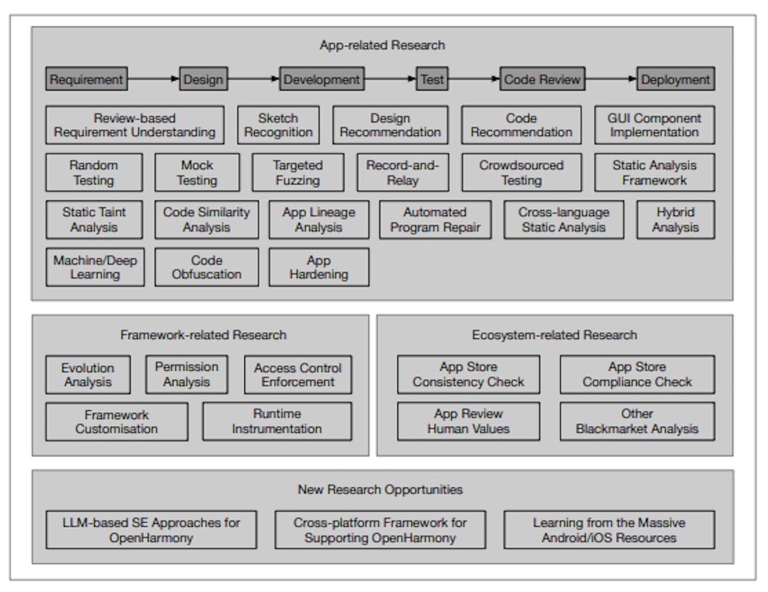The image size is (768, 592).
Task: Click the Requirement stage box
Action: click(86, 79)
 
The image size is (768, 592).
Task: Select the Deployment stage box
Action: click(675, 79)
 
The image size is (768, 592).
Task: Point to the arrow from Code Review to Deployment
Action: click(611, 79)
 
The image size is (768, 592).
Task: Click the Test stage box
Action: click(432, 79)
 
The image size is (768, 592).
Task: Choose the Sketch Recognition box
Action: click(278, 125)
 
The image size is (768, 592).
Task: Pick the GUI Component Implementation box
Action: click(654, 125)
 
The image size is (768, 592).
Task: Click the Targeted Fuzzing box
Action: click(298, 172)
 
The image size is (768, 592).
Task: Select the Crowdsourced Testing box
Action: click(521, 172)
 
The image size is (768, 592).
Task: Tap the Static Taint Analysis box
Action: click(94, 220)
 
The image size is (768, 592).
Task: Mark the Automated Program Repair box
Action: click(435, 220)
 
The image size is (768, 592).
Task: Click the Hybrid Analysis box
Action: click(675, 220)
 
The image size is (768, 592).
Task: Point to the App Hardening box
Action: click(319, 267)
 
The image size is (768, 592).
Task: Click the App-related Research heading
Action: click(382, 45)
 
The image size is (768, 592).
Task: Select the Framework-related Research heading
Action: click(204, 335)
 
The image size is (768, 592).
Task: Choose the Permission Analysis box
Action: click(186, 374)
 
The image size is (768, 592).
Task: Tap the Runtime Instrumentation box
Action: click(276, 421)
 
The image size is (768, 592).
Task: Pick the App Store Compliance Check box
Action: click(637, 374)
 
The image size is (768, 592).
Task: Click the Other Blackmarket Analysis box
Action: click(637, 421)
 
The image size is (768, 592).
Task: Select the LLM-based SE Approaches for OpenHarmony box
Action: click(151, 530)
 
